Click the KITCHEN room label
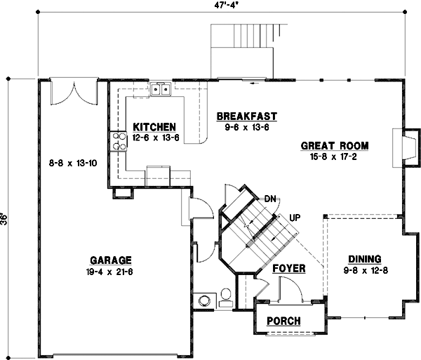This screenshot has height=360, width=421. tap(154, 127)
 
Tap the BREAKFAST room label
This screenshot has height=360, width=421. tap(246, 116)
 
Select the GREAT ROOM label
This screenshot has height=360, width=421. tap(335, 146)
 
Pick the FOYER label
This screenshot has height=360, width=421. tap(288, 267)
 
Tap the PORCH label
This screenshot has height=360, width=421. tap(284, 321)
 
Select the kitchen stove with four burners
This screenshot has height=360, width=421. tap(115, 142)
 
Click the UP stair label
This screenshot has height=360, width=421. tap(295, 218)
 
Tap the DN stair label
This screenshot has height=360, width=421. tap(270, 199)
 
